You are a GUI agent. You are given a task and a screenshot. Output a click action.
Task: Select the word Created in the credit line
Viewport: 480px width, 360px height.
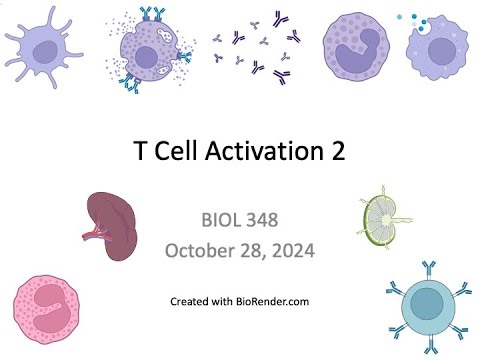click(190, 300)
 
